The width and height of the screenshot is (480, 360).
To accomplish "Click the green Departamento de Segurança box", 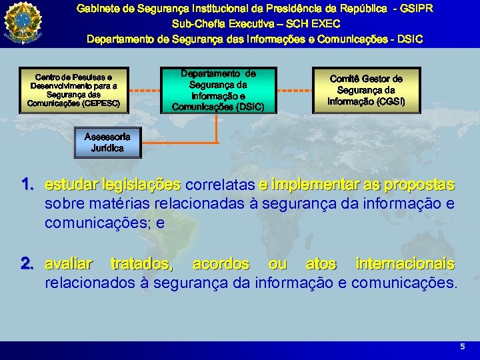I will tap(218, 89).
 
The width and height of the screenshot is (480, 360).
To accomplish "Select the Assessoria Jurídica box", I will tap(107, 141).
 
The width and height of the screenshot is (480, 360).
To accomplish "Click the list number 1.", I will tap(27, 183).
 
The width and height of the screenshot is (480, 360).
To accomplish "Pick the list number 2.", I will tap(27, 265).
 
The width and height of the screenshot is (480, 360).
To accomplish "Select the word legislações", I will tap(141, 184).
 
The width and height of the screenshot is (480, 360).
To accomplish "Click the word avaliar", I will tap(69, 265).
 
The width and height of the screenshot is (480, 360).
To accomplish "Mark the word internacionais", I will tap(405, 265).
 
